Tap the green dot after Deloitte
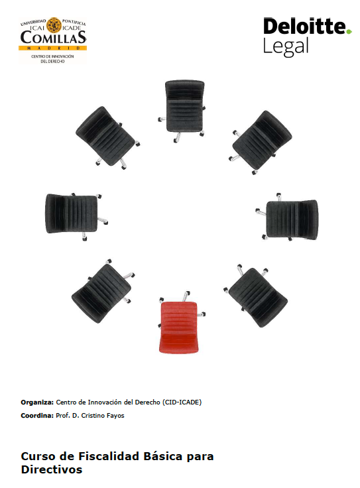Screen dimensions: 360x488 click(x=349, y=31)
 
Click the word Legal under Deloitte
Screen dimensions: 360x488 click(x=286, y=47)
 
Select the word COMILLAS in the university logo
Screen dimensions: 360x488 click(x=53, y=38)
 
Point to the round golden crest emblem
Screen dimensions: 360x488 click(x=54, y=25)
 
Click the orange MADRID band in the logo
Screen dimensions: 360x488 click(x=52, y=48)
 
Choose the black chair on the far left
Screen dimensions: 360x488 click(x=76, y=215)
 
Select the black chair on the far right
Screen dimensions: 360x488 click(x=287, y=217)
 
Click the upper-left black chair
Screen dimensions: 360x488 click(x=107, y=137)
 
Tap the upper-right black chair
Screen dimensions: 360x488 click(x=261, y=142)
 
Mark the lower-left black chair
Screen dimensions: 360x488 click(x=103, y=291)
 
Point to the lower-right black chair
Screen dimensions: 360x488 click(x=255, y=295)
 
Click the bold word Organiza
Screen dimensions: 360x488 click(x=37, y=402)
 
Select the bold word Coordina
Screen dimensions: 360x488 click(x=37, y=416)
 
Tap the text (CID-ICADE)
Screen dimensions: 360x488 click(x=182, y=402)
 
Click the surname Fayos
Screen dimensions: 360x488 click(x=115, y=416)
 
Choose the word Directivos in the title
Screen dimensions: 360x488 click(x=52, y=469)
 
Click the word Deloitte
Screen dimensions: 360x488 click(x=304, y=26)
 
